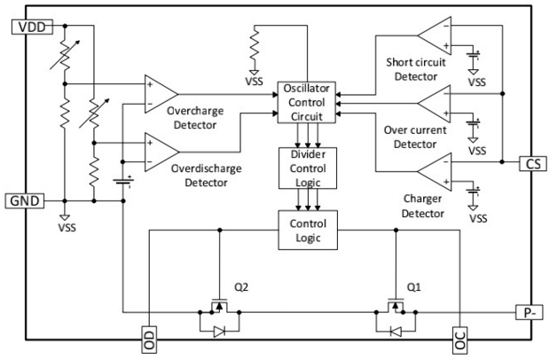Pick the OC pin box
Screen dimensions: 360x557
click(x=459, y=340)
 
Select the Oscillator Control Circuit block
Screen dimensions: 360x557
click(x=305, y=102)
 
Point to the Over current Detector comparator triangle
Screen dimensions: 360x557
click(x=438, y=105)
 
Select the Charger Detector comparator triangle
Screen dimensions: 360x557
click(x=438, y=170)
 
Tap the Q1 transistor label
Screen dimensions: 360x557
click(x=412, y=287)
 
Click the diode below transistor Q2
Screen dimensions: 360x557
click(x=217, y=333)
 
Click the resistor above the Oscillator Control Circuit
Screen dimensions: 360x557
click(x=255, y=43)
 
